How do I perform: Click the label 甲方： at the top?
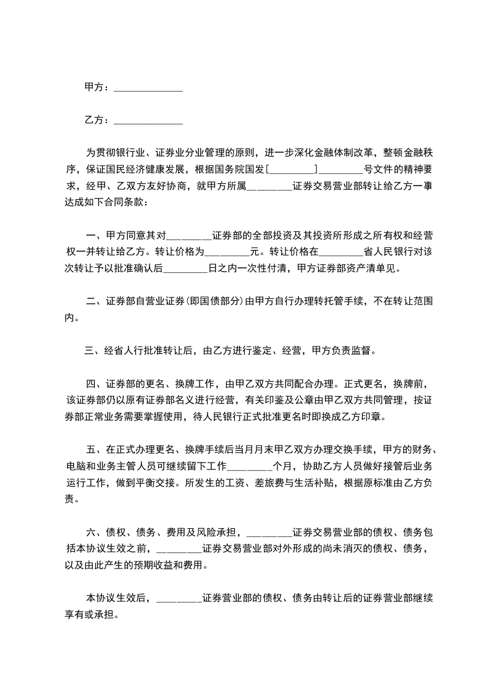(x=97, y=88)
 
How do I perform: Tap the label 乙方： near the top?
(x=97, y=120)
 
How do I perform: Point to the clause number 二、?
(x=95, y=302)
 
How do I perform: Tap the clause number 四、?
(x=95, y=383)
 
